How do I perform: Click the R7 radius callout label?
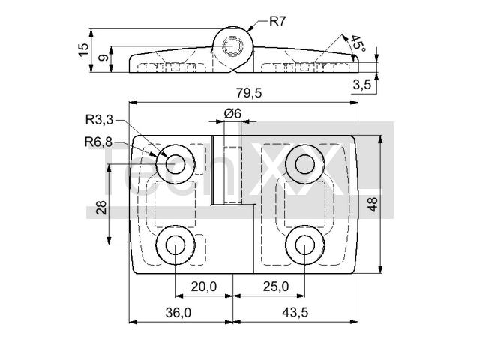[x=277, y=22]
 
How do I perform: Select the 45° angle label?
[x=358, y=43]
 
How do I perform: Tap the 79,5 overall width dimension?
[x=249, y=93]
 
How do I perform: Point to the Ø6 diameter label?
[x=232, y=113]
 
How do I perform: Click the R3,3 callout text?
[x=100, y=120]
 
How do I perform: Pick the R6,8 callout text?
[x=98, y=142]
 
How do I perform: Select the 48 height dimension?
[x=373, y=204]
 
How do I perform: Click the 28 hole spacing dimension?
[x=101, y=207]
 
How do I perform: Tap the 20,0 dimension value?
[x=204, y=286]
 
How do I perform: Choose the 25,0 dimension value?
[x=276, y=286]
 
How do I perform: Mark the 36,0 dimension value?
[x=178, y=313]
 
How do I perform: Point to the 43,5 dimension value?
[x=295, y=313]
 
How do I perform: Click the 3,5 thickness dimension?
[x=362, y=84]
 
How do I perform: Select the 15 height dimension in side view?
[x=83, y=50]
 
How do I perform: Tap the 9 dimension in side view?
[x=104, y=57]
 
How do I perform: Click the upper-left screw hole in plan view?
[x=175, y=164]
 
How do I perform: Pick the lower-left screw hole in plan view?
[x=175, y=245]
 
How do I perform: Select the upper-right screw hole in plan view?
[x=305, y=164]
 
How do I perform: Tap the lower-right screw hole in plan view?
[x=305, y=245]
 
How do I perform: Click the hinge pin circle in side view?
[x=233, y=46]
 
